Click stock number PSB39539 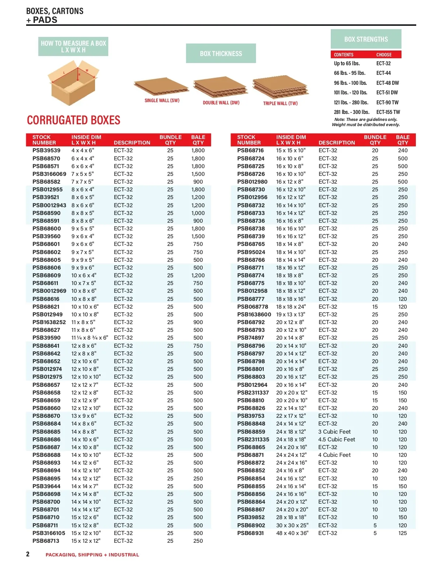(x=46, y=150)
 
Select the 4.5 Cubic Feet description (x=337, y=440)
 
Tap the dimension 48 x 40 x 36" (x=292, y=533)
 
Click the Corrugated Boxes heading (x=74, y=120)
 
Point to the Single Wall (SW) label (x=162, y=101)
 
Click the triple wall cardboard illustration (x=280, y=88)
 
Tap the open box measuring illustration (x=73, y=84)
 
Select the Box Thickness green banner (x=221, y=53)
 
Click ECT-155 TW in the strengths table (x=388, y=112)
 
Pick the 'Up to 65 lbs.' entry (x=347, y=63)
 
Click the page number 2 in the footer (x=28, y=554)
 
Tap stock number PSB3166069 (x=49, y=174)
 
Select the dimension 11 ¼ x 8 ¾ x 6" (x=90, y=338)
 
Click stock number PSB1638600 (x=254, y=315)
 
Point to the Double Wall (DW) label (x=221, y=103)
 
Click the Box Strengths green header (x=366, y=39)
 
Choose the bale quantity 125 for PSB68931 (x=403, y=533)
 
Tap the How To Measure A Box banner (x=73, y=46)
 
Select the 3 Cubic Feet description (x=334, y=432)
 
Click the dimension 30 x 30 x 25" (x=292, y=525)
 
